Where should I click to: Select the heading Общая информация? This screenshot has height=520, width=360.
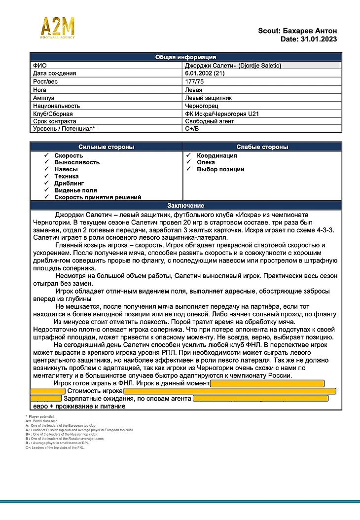[185, 57]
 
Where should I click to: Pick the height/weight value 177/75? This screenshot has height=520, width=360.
[194, 81]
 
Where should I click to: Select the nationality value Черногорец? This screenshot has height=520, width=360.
[202, 106]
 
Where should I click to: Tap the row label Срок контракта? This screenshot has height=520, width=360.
[55, 121]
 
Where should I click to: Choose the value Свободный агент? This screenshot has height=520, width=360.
[210, 121]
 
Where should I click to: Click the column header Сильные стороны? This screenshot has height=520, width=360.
[106, 147]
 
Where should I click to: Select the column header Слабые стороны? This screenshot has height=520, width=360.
[262, 147]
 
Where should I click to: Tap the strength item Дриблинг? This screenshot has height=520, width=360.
[69, 183]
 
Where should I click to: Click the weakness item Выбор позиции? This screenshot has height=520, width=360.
[220, 169]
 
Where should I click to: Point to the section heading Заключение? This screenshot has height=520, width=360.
[185, 206]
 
